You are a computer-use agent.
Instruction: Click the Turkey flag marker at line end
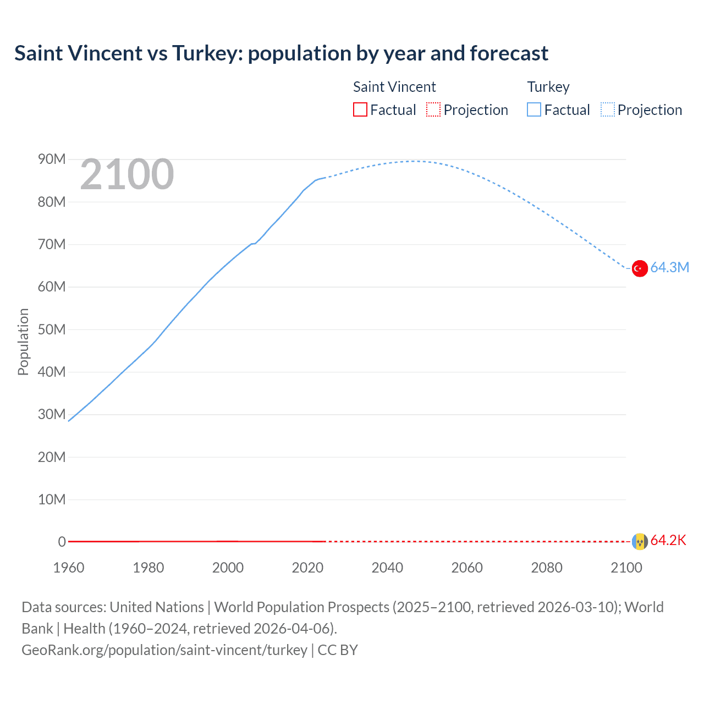pyautogui.click(x=639, y=268)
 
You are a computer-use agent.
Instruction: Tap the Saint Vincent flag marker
pyautogui.click(x=639, y=541)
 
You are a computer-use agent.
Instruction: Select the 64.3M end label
pyautogui.click(x=669, y=268)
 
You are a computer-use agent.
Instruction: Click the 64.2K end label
pyautogui.click(x=668, y=541)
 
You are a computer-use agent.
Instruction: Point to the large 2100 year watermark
pyautogui.click(x=127, y=175)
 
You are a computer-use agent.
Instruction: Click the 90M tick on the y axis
pyautogui.click(x=52, y=159)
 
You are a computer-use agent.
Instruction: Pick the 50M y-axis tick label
pyautogui.click(x=52, y=329)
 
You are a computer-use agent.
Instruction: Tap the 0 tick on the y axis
pyautogui.click(x=62, y=542)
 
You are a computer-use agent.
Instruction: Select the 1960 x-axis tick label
pyautogui.click(x=69, y=568)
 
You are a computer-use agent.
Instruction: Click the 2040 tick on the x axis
pyautogui.click(x=387, y=568)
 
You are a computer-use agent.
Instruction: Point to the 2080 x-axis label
pyautogui.click(x=547, y=568)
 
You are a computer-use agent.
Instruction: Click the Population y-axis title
pyautogui.click(x=23, y=342)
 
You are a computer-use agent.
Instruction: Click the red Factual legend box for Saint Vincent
pyautogui.click(x=360, y=109)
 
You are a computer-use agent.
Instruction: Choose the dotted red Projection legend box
pyautogui.click(x=433, y=109)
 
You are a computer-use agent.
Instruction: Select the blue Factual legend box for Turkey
pyautogui.click(x=534, y=109)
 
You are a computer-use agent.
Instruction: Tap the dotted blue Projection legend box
pyautogui.click(x=608, y=109)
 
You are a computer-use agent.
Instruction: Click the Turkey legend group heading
pyautogui.click(x=548, y=87)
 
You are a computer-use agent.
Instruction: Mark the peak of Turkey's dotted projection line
pyautogui.click(x=414, y=161)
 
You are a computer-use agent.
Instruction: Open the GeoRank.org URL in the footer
pyautogui.click(x=164, y=650)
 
